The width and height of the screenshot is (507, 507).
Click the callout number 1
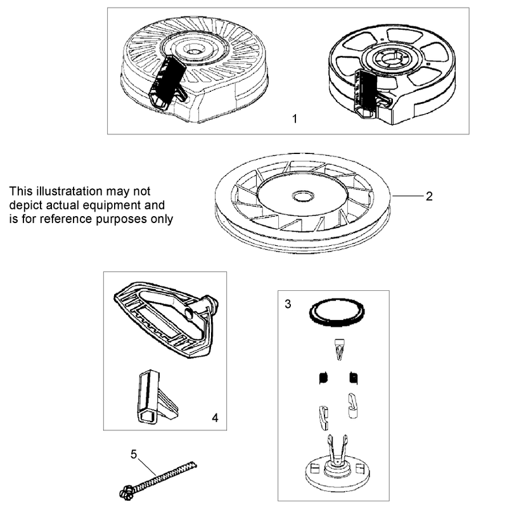295,119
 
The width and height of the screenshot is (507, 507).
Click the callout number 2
429,196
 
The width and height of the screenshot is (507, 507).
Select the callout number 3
288,304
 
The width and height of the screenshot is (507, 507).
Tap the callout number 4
215,418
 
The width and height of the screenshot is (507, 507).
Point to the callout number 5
134,454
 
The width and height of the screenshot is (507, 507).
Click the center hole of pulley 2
303,196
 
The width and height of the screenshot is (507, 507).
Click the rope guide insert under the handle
157,397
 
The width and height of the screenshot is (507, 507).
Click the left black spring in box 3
323,378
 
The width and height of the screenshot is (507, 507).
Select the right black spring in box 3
354,378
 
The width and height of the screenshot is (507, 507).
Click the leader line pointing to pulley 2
408,196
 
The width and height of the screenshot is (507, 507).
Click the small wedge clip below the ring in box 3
339,349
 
